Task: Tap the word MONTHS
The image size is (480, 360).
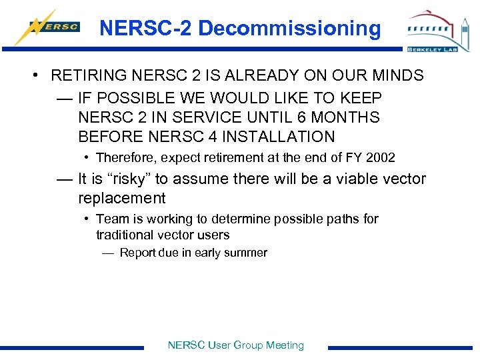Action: [344, 117]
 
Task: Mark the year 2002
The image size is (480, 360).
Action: [380, 158]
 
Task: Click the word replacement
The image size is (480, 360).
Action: [121, 198]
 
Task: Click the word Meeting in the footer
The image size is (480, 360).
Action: [285, 345]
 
